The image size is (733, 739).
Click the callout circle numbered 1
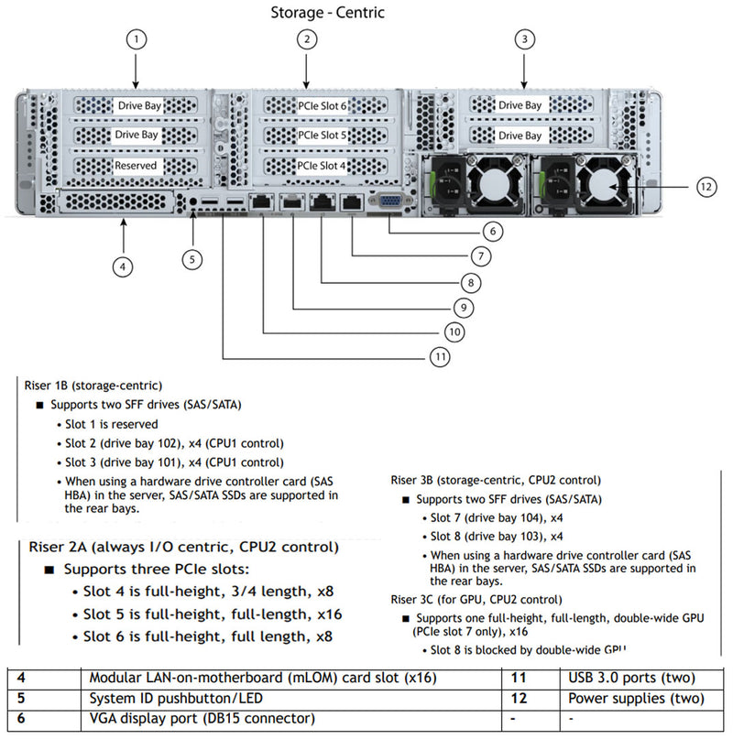136,39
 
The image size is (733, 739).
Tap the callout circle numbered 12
705,187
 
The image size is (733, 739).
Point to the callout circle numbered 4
123,267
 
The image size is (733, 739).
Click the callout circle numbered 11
441,356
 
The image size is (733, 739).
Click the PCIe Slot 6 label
323,106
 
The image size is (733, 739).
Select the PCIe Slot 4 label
323,166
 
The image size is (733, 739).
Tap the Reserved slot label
136,166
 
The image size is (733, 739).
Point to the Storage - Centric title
327,12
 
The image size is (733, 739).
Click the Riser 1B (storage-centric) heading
93,386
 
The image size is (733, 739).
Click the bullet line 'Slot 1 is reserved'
111,424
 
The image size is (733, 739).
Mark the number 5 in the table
21,699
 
